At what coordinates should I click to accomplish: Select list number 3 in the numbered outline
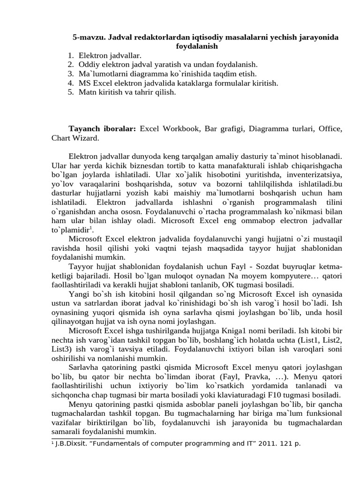point(70,74)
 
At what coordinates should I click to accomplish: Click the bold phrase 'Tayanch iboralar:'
point(102,129)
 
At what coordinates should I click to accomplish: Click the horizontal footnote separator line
point(88,439)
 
